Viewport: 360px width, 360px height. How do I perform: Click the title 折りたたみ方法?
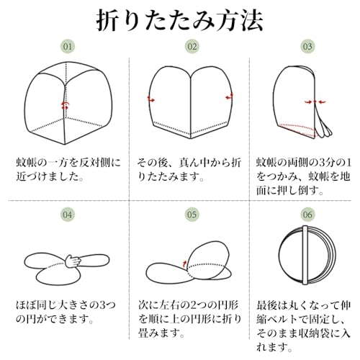coord(179,20)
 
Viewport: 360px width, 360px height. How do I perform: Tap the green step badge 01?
coord(68,46)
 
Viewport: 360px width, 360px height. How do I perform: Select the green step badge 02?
coord(192,46)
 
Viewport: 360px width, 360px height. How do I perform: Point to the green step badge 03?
coord(307,46)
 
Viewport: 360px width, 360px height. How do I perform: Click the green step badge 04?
coord(68,215)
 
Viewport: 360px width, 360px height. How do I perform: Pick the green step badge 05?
coord(192,215)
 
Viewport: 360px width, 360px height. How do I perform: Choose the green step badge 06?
coord(307,215)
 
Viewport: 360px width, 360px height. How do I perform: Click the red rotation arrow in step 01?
coord(65,105)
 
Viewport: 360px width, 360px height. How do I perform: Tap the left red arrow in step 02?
coord(151,99)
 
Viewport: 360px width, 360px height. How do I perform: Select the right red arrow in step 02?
coord(229,96)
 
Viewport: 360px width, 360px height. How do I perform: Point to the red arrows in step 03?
coord(315,102)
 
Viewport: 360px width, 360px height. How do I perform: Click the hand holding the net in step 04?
coord(73,261)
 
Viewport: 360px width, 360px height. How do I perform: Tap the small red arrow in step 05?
coord(184,264)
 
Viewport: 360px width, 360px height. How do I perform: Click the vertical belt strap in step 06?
coord(305,255)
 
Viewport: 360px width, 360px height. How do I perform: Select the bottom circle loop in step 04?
coord(58,275)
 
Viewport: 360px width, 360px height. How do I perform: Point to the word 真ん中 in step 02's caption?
coord(194,163)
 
